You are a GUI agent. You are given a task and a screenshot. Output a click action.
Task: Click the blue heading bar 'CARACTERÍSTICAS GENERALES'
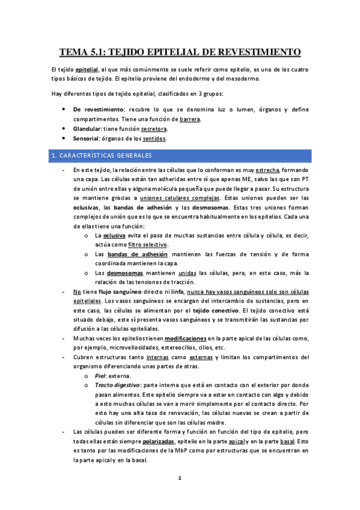(x=180, y=156)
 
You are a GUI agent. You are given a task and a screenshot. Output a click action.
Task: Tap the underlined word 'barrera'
(x=190, y=119)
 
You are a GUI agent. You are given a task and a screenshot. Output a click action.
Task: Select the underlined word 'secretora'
(x=154, y=129)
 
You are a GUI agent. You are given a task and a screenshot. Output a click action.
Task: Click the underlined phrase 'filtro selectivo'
(x=148, y=245)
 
